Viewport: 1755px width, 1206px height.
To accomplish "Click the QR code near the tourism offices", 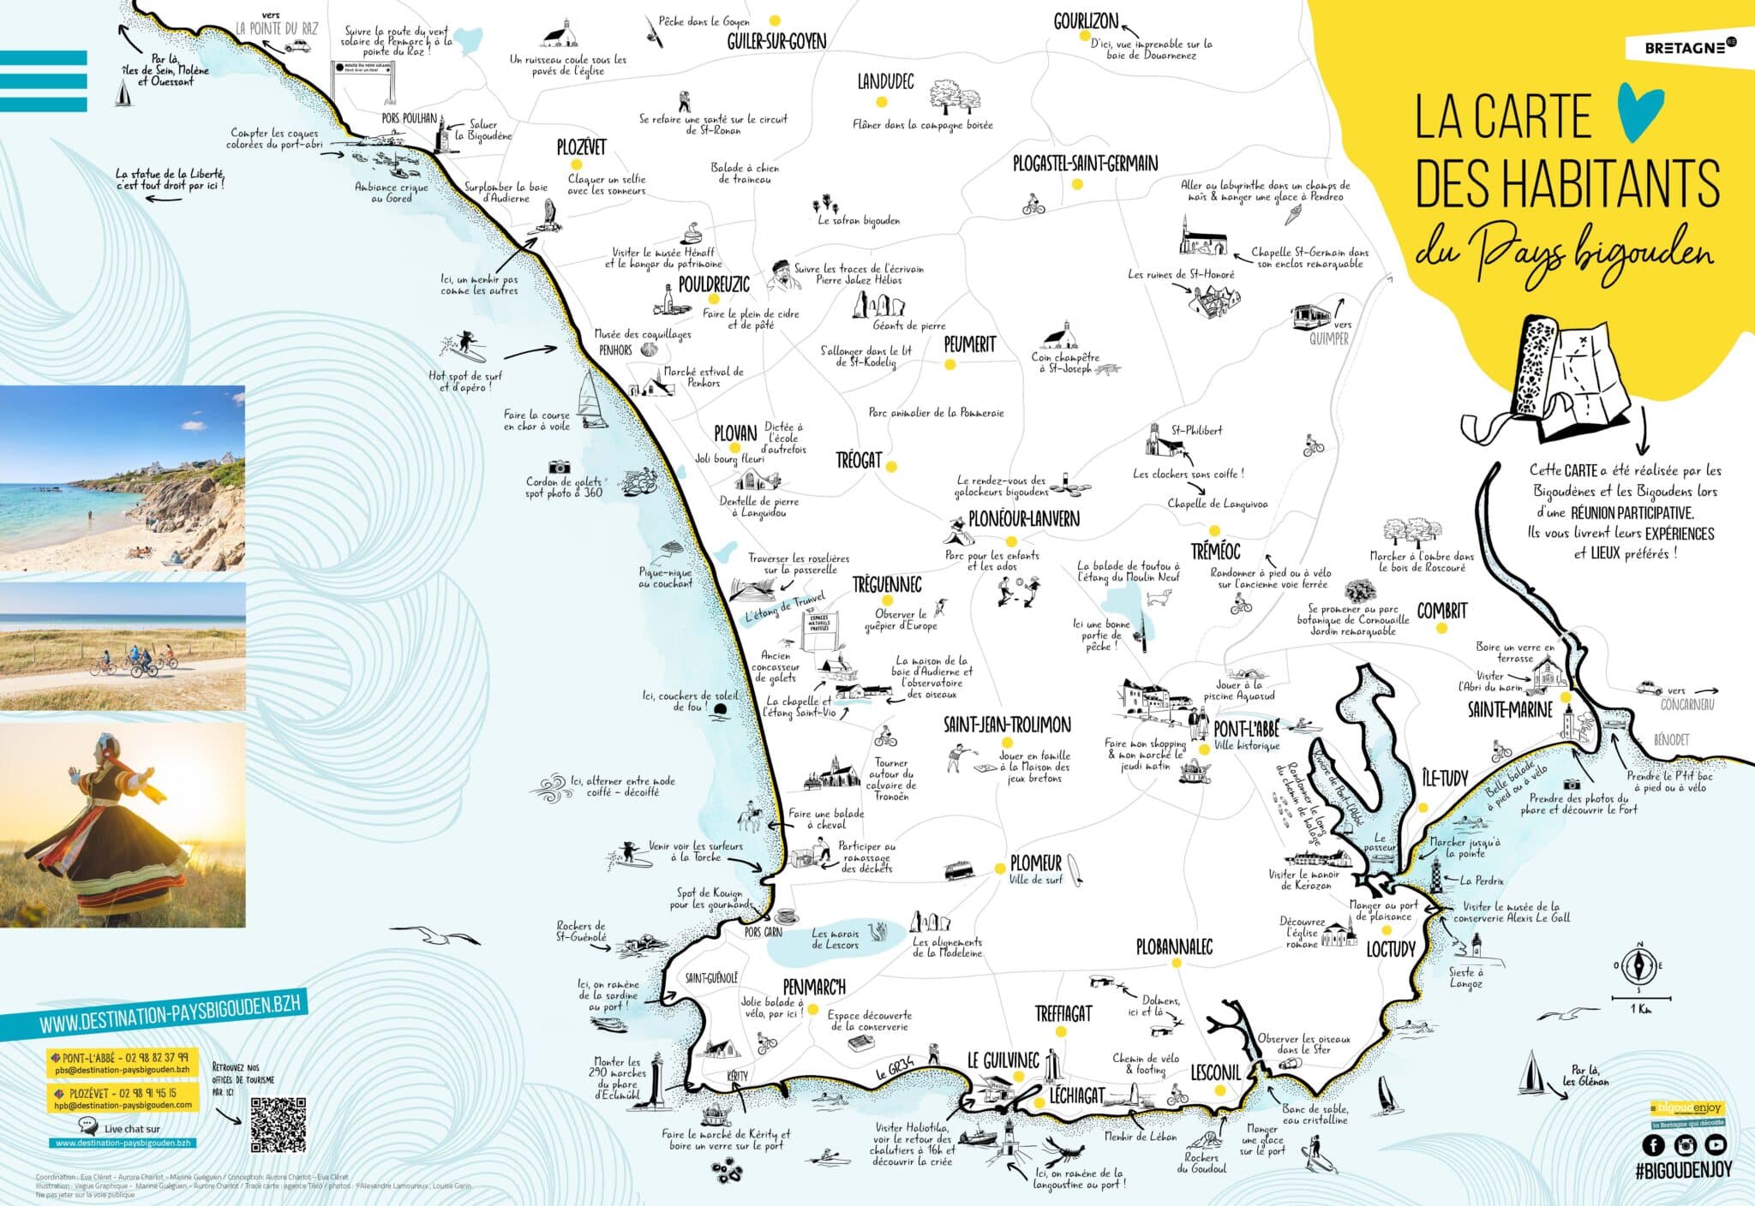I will pyautogui.click(x=278, y=1124).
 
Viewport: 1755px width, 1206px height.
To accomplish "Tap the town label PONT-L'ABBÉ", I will pyautogui.click(x=1246, y=729).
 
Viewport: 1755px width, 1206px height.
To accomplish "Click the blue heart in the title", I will pyautogui.click(x=1639, y=112).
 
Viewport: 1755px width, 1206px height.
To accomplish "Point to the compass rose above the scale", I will pyautogui.click(x=1639, y=967).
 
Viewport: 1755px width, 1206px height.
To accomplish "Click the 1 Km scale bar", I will pyautogui.click(x=1640, y=998).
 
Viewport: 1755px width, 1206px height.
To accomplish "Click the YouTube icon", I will pyautogui.click(x=1715, y=1145).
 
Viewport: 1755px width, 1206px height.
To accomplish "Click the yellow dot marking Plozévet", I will pyautogui.click(x=576, y=164).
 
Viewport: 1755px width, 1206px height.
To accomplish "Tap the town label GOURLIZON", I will pyautogui.click(x=1086, y=21).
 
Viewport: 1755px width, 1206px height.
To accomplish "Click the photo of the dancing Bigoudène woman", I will pyautogui.click(x=123, y=824).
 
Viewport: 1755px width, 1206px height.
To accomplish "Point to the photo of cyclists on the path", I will pyautogui.click(x=123, y=647).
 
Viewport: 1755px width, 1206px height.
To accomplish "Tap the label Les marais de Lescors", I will pyautogui.click(x=835, y=940).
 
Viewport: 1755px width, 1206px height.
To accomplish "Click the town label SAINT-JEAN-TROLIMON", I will pyautogui.click(x=1007, y=725).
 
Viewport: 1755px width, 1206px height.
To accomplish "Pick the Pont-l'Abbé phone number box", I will pyautogui.click(x=122, y=1063).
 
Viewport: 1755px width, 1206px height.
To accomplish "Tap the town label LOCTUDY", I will pyautogui.click(x=1390, y=949).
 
